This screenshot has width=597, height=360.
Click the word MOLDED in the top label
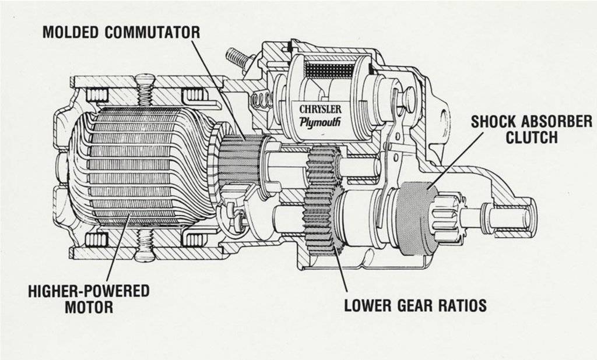pos(70,32)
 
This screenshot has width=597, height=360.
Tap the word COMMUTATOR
pos(152,32)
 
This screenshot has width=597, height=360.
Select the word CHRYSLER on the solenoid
pos(320,109)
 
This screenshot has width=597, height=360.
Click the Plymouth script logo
pos(320,122)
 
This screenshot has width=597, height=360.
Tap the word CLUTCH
pos(532,137)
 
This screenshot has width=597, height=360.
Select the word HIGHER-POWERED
pos(89,291)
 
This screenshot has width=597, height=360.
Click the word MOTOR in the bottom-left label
pos(89,307)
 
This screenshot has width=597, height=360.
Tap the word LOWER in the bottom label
pos(368,305)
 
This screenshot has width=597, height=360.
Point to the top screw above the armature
pos(145,90)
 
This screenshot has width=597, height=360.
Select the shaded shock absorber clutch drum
pos(417,218)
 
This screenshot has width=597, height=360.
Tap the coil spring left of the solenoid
pos(262,101)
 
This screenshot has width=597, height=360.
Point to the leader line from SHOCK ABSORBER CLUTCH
pos(455,160)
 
